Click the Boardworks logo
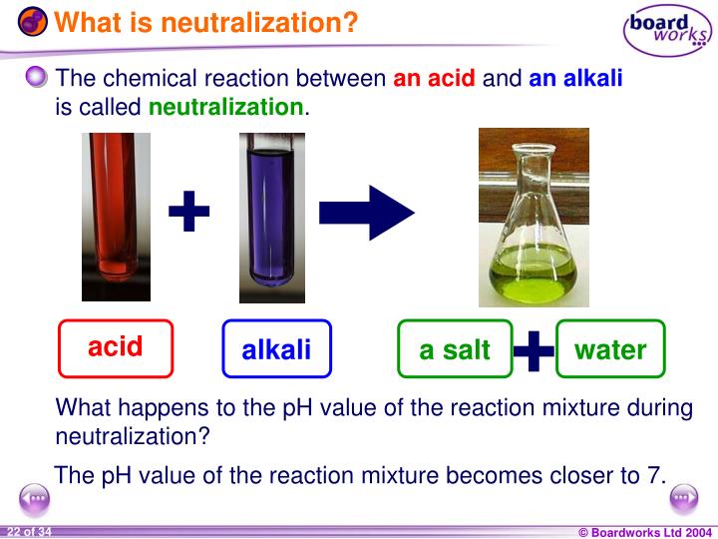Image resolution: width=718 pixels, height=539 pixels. (x=668, y=32)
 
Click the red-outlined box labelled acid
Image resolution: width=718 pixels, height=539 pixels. (x=116, y=347)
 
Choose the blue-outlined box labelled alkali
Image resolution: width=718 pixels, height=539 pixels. (x=276, y=349)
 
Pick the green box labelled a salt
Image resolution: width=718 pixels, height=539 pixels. (x=455, y=349)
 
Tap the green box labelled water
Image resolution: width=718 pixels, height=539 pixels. (x=610, y=349)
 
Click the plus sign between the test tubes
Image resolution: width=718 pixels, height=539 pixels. (x=189, y=213)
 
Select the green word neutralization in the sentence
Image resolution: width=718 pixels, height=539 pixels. (x=226, y=106)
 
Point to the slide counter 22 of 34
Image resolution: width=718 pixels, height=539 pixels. (x=30, y=531)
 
